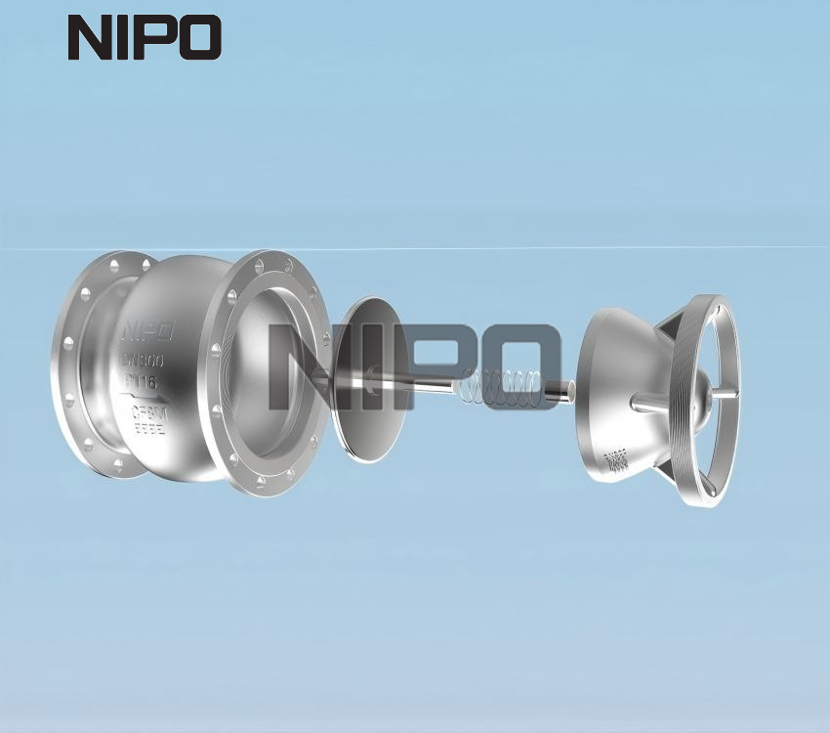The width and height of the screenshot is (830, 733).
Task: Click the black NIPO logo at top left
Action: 145,38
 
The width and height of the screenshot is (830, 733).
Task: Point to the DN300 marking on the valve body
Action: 144,360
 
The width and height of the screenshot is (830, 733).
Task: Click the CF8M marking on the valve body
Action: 151,413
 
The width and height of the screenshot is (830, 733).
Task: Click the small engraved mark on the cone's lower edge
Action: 616,460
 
